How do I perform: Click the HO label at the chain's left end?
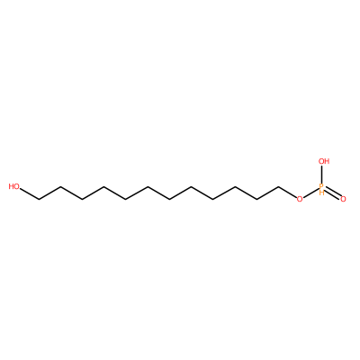14,186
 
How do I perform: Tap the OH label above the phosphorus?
324,161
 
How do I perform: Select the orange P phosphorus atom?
321,186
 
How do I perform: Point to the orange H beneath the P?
321,193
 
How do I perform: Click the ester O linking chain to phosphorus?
300,199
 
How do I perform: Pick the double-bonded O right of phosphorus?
343,199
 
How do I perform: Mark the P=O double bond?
332,193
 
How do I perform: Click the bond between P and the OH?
321,175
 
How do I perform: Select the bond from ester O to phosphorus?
310,193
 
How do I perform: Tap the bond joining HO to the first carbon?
30,193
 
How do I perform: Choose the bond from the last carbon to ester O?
287,193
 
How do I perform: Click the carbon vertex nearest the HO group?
39,199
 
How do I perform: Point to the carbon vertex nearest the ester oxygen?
278,186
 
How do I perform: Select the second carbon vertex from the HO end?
60,186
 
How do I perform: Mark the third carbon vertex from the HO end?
82,199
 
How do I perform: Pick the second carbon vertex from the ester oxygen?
256,199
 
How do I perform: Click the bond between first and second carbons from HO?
49,193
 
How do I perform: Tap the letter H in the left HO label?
11,186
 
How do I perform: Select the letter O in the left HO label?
17,186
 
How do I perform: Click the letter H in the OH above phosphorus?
328,161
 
